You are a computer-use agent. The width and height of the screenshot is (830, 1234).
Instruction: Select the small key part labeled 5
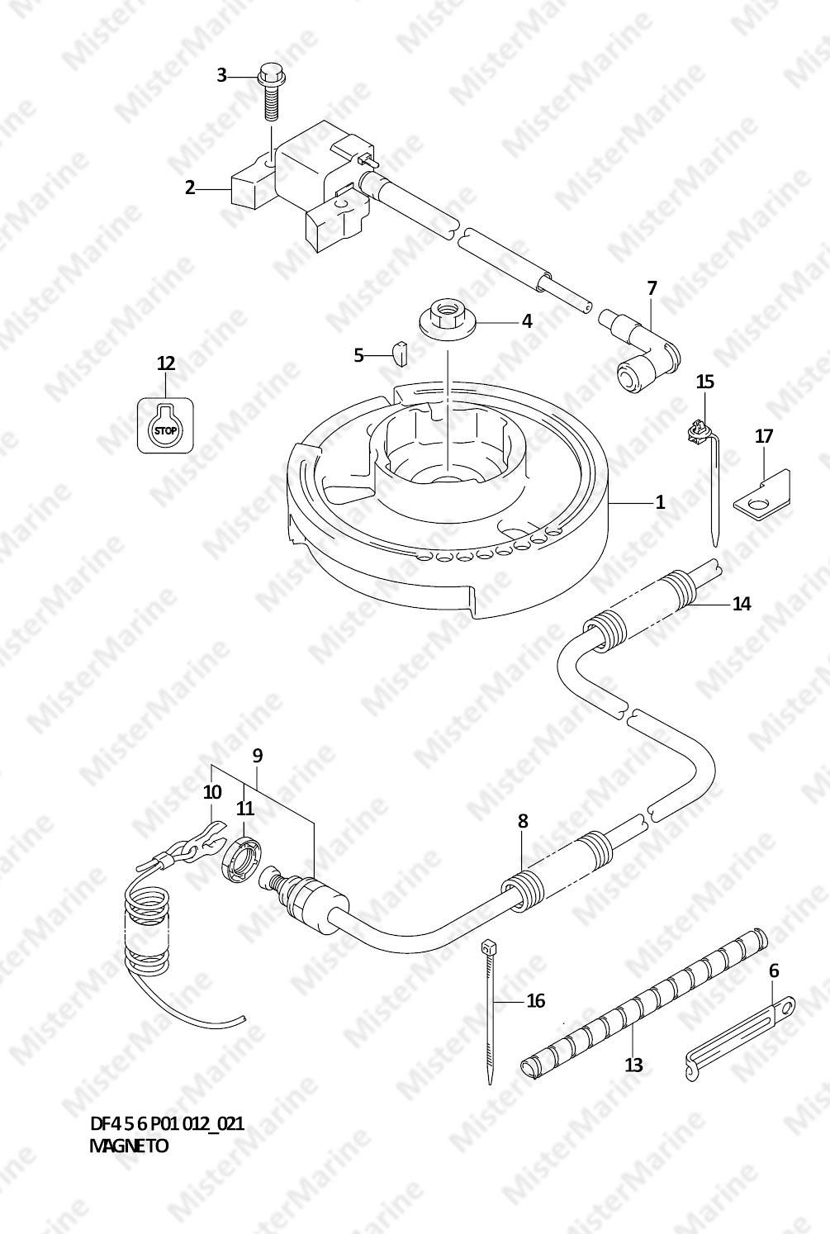click(x=400, y=353)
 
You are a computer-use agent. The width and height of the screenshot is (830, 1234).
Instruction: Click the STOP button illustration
click(x=165, y=425)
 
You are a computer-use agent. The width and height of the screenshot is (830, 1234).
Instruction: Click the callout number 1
click(x=660, y=502)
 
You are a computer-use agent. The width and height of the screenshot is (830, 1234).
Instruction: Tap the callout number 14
click(x=742, y=604)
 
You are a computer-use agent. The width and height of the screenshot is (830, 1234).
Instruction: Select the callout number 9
click(x=258, y=756)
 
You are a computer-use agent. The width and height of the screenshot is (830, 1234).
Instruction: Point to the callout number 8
click(x=523, y=821)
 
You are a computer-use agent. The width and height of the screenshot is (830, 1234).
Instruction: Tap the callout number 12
click(x=166, y=363)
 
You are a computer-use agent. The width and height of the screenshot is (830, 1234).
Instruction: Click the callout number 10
click(x=212, y=792)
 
